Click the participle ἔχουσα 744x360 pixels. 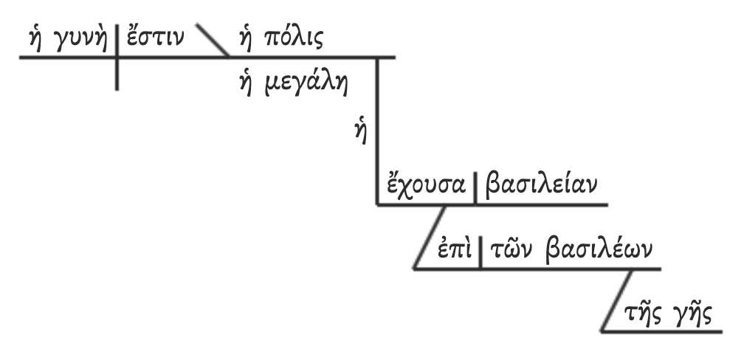pyautogui.click(x=423, y=184)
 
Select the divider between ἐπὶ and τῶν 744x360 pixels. pyautogui.click(x=480, y=253)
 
